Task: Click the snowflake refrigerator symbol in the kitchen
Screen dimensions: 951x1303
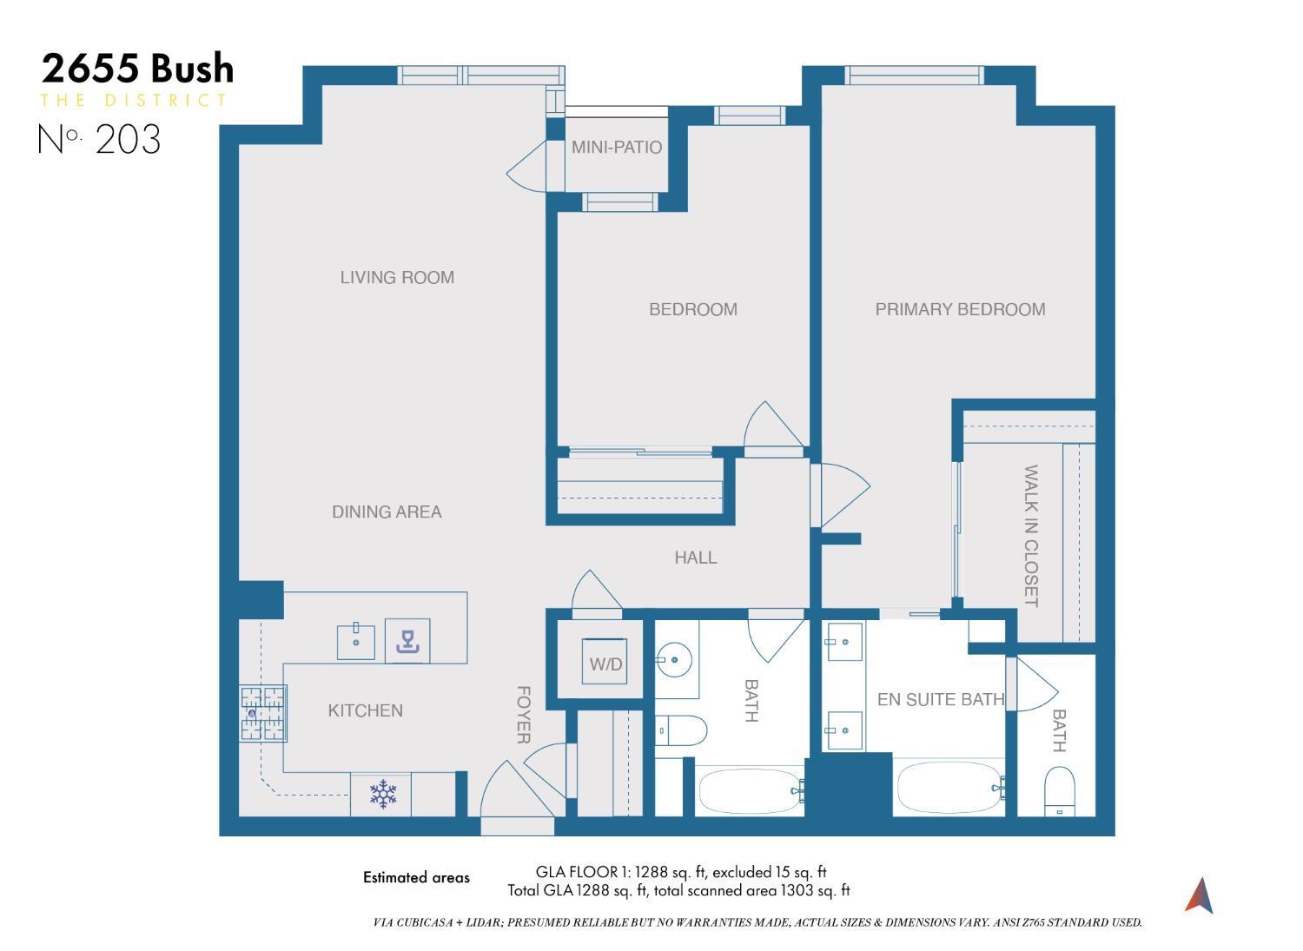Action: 382,794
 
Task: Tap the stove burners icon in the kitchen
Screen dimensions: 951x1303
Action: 263,713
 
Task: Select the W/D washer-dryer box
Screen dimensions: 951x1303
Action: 605,664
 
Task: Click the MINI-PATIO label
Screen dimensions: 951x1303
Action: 616,148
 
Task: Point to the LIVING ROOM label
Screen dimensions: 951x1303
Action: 397,278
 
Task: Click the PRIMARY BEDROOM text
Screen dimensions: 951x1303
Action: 960,309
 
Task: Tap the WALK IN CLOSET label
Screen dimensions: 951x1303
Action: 1031,536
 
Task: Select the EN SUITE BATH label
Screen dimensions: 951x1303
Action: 940,699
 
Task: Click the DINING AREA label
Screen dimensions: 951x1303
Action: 387,512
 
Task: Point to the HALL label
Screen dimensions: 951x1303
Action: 696,558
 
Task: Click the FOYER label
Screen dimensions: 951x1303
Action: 524,715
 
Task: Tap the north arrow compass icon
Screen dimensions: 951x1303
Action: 1199,895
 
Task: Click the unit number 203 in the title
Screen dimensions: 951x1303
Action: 128,139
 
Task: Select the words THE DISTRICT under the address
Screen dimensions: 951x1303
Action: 134,101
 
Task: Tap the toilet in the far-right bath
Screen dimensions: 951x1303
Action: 1059,790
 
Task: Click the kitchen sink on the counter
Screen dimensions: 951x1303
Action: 356,641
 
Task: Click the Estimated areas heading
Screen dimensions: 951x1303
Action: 416,877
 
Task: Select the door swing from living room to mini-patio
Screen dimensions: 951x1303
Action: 526,168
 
